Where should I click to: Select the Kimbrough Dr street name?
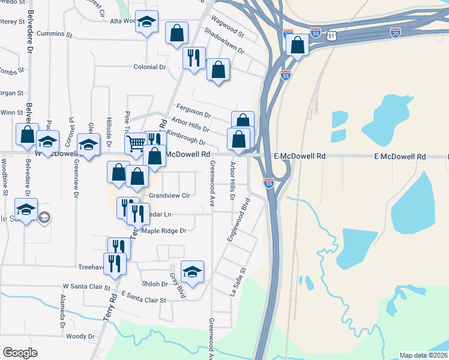186,137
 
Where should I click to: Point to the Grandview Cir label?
169,196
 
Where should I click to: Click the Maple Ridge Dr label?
164,230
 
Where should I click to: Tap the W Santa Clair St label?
88,286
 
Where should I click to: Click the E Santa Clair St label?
143,296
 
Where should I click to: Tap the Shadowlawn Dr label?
224,41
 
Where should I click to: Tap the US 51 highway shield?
332,37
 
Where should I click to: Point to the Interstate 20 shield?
396,32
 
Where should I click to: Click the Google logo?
20,353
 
